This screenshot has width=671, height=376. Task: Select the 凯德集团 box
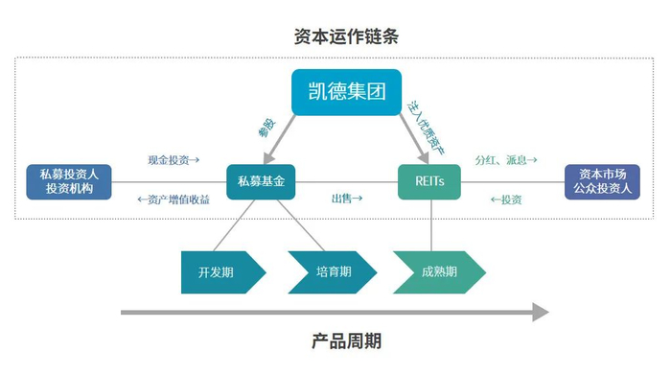coord(347,93)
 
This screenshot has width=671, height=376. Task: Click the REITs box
coord(428,180)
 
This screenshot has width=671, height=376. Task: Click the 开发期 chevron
coord(220,271)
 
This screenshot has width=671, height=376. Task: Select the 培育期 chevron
coord(328,271)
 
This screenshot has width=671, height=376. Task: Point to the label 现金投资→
coord(174,160)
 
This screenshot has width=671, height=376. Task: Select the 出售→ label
coord(347,199)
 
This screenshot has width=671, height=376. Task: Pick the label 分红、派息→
coord(506,160)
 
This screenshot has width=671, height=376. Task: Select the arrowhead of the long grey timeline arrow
coord(540,312)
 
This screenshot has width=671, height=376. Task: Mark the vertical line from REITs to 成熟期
coord(430,224)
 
